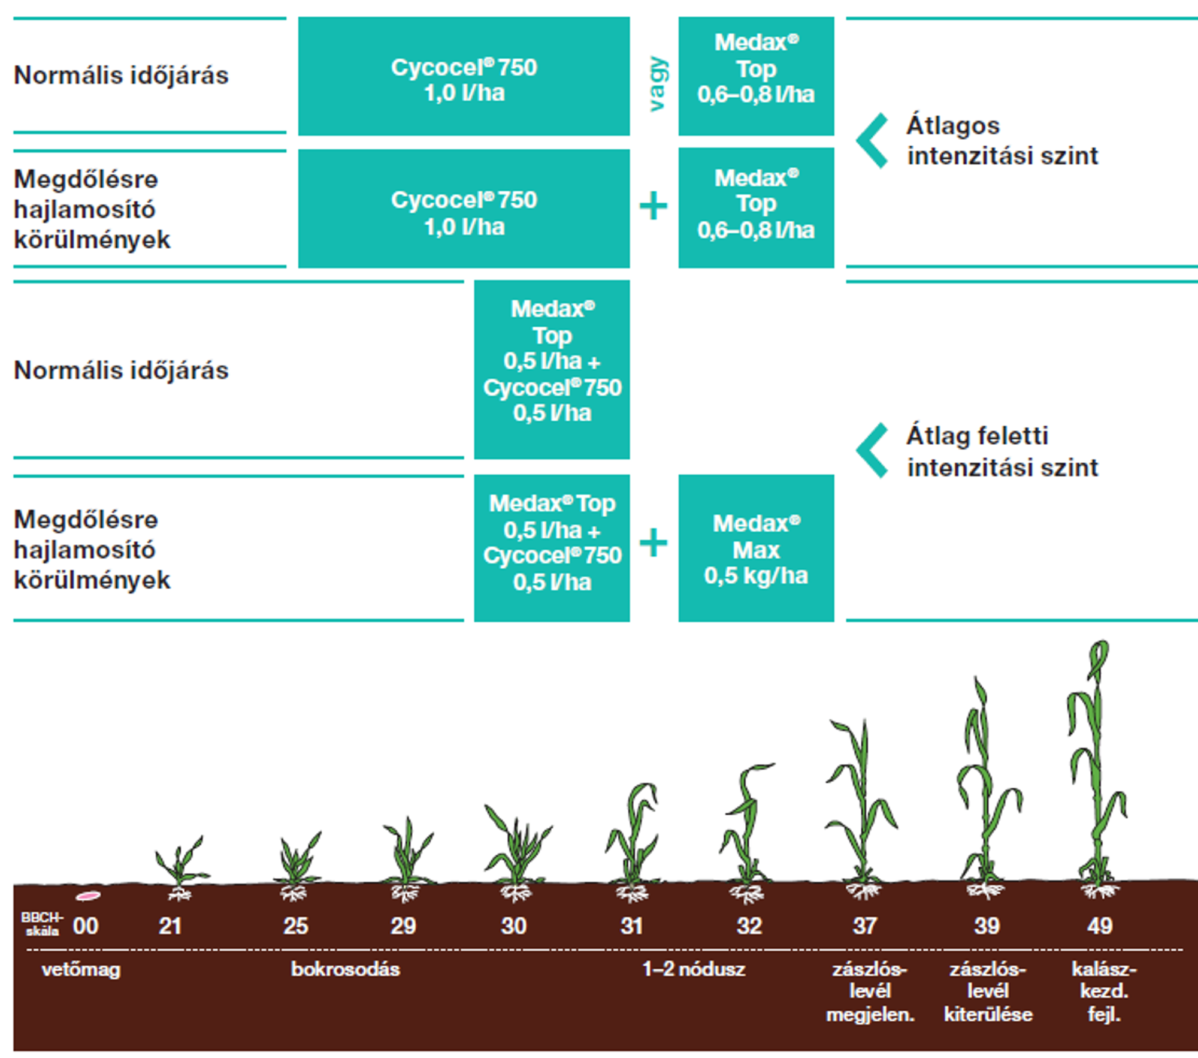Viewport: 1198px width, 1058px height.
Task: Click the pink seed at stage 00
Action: pyautogui.click(x=88, y=896)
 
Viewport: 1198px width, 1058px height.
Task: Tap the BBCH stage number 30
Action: pyautogui.click(x=514, y=926)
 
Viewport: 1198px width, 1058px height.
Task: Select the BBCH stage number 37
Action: pyautogui.click(x=865, y=926)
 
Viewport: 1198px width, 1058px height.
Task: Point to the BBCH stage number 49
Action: pyautogui.click(x=1100, y=926)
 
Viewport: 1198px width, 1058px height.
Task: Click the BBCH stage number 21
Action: pyautogui.click(x=170, y=926)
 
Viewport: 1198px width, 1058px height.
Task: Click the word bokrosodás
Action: pyautogui.click(x=345, y=969)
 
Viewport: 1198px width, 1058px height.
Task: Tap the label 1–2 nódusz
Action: pyautogui.click(x=694, y=969)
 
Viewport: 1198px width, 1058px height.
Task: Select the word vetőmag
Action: pyautogui.click(x=81, y=969)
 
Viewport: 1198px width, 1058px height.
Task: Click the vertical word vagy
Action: pyautogui.click(x=657, y=84)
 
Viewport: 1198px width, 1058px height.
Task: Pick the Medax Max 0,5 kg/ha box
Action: pyautogui.click(x=756, y=548)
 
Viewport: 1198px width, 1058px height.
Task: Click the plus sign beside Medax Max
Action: pyautogui.click(x=653, y=542)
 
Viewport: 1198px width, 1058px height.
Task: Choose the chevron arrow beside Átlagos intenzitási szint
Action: pyautogui.click(x=872, y=141)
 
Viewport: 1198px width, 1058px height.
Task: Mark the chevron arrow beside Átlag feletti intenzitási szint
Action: pyautogui.click(x=872, y=451)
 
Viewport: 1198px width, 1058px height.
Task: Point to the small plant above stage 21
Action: pyautogui.click(x=180, y=863)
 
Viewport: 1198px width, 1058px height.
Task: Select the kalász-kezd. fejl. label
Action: pyautogui.click(x=1103, y=991)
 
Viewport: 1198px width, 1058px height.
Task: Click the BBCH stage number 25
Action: pyautogui.click(x=296, y=926)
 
